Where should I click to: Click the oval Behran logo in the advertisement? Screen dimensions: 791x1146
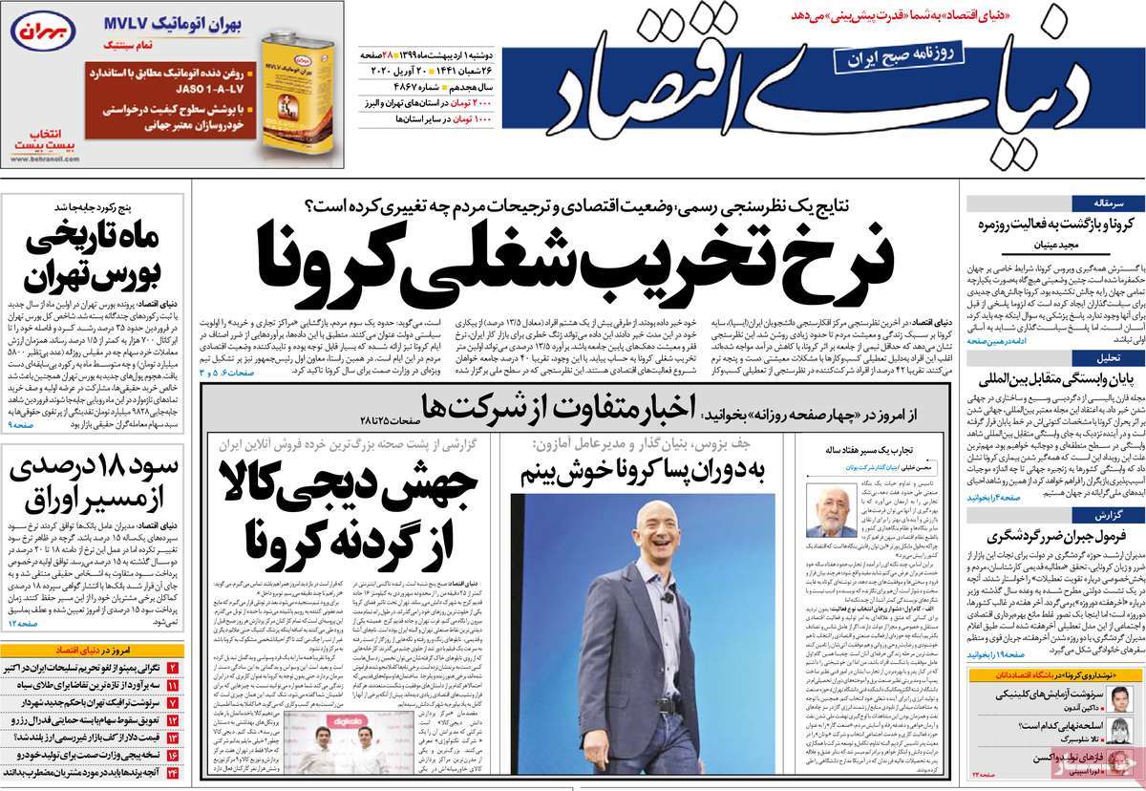point(36,31)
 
